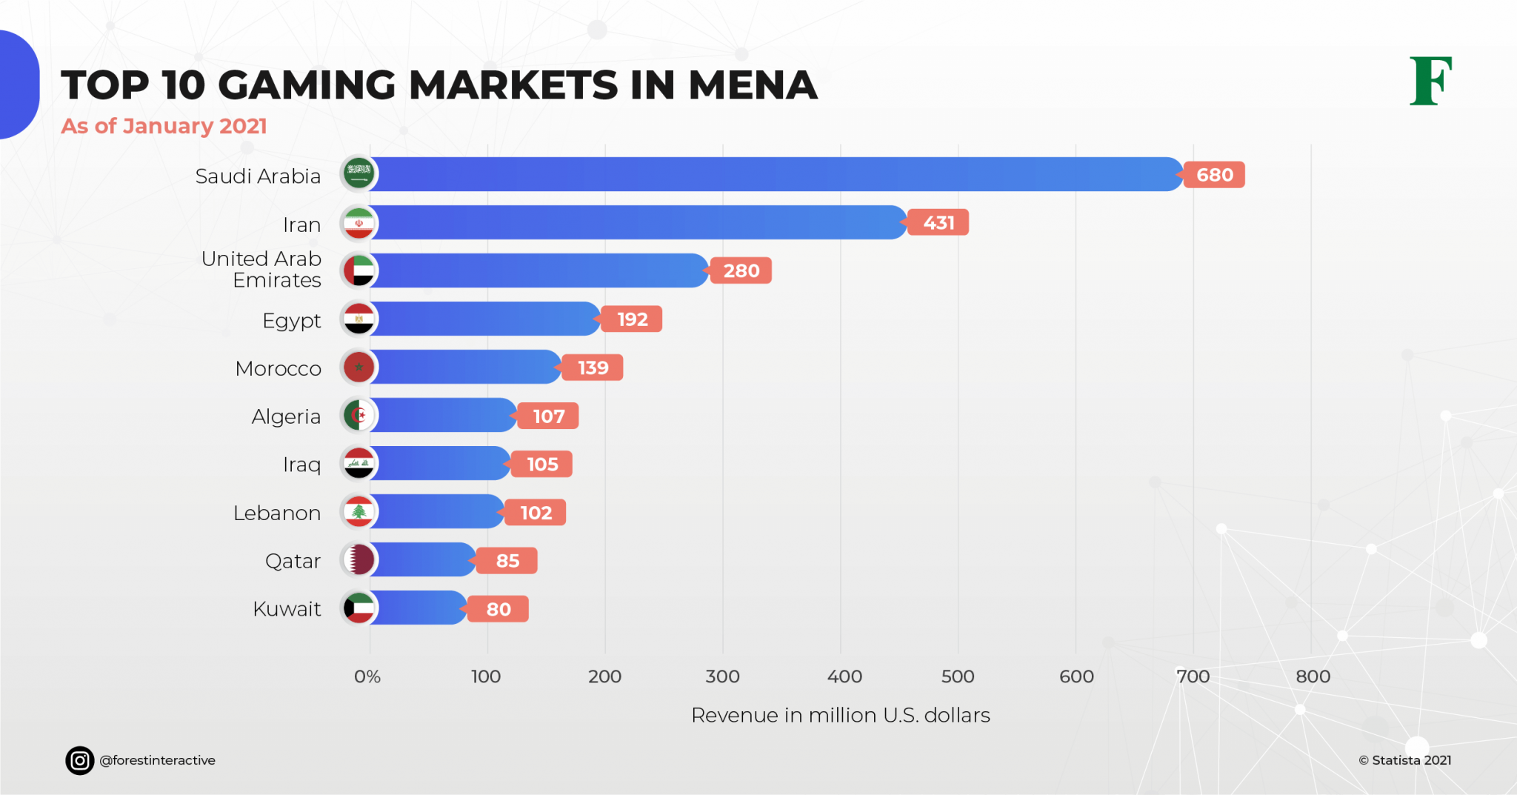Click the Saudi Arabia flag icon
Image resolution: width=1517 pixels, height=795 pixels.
tap(359, 173)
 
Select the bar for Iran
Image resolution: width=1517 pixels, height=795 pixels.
tap(637, 222)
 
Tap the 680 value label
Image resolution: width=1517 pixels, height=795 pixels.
tap(1214, 175)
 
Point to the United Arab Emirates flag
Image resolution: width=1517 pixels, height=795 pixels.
tap(359, 270)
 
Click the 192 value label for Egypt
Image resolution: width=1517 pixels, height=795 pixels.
tap(632, 319)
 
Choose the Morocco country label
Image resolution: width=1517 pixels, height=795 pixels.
tap(278, 368)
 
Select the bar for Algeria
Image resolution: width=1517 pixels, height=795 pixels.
tap(444, 415)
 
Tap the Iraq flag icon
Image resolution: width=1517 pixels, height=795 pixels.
tap(359, 464)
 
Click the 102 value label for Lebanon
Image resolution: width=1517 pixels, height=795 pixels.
tap(536, 513)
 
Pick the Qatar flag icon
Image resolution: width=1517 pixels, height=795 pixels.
tap(359, 560)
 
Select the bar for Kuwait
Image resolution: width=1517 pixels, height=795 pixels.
tap(419, 608)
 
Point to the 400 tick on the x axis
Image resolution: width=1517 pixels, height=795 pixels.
tap(844, 676)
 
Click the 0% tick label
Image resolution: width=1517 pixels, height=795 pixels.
tap(367, 676)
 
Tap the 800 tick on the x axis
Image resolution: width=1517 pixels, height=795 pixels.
tap(1313, 676)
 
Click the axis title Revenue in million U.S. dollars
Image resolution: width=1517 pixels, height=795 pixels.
tap(840, 715)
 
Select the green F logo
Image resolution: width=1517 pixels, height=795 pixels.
tap(1430, 81)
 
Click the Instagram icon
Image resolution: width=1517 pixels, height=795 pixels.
tap(80, 760)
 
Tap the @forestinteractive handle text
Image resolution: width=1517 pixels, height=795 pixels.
tap(157, 760)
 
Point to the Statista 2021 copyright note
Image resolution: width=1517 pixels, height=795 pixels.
tap(1404, 760)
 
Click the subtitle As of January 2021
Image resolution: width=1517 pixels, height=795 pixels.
tap(164, 126)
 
